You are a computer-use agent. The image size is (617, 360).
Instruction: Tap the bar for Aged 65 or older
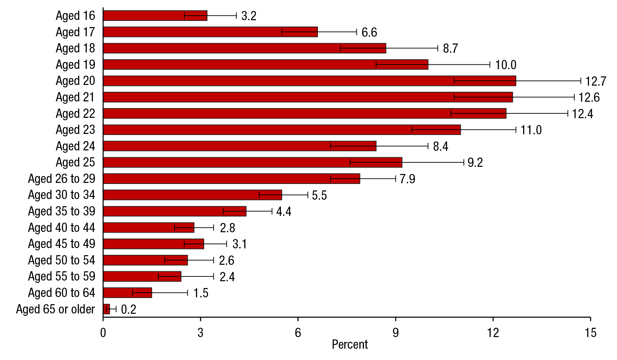pos(107,309)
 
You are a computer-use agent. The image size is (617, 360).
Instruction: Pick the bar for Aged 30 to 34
pos(192,195)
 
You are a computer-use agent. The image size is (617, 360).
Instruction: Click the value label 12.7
pos(596,81)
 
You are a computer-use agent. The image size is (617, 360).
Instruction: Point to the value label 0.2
pos(128,309)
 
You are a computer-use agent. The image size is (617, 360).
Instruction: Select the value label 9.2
pos(475,162)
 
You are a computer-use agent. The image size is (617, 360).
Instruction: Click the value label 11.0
pos(531,130)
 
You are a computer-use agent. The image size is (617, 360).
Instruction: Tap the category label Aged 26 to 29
pos(62,178)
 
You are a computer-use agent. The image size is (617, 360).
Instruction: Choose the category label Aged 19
pos(75,64)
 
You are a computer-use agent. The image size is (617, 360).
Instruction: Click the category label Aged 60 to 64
pos(62,293)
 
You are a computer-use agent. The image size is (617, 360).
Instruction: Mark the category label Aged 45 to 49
pos(62,244)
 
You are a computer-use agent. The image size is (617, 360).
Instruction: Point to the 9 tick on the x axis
pos(396,332)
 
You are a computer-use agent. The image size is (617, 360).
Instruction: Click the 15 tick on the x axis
pos(591,332)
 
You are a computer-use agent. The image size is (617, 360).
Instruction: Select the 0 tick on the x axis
pos(103,332)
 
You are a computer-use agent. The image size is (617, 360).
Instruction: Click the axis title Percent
pos(350,344)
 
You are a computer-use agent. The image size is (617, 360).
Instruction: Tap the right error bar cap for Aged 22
pos(568,113)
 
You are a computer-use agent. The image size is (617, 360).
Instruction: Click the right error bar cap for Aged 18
pos(438,48)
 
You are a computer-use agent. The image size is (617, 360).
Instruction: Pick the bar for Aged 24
pos(239,146)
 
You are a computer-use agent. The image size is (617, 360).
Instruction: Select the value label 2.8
pos(227,228)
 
